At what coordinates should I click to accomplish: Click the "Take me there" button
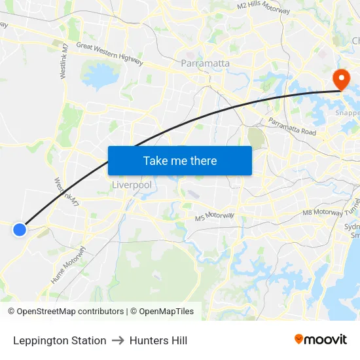(180, 160)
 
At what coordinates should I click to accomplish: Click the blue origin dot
(20, 229)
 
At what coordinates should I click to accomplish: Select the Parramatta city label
(205, 63)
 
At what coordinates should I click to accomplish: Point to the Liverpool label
(132, 185)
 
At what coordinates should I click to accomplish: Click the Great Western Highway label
(109, 53)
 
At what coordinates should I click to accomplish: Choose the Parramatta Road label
(292, 128)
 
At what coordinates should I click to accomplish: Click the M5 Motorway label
(214, 217)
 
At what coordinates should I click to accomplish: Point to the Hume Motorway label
(68, 264)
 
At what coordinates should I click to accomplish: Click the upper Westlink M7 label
(64, 62)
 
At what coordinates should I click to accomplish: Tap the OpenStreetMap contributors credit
(66, 312)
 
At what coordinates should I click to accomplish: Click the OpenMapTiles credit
(162, 312)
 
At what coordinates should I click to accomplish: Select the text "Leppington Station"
(60, 340)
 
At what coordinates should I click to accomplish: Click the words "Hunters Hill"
(158, 340)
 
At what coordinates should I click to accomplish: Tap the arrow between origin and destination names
(118, 340)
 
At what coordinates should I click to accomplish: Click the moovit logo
(321, 339)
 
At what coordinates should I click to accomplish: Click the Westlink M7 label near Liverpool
(67, 191)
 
